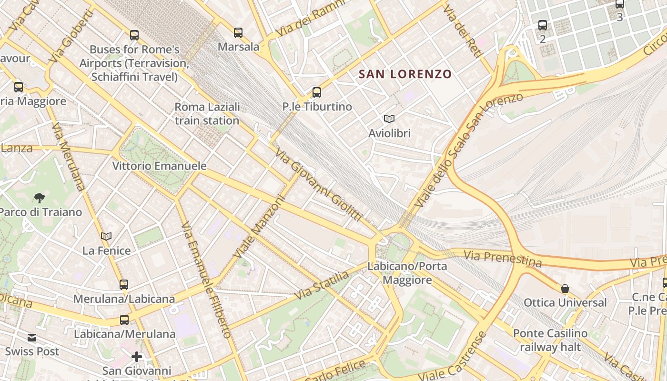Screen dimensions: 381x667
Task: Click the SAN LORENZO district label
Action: [405, 74]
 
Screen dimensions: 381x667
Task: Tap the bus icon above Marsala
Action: [238, 33]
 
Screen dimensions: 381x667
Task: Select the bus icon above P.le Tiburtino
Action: [317, 92]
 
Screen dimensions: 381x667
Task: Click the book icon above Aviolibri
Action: [389, 119]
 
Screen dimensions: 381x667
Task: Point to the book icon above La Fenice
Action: [106, 236]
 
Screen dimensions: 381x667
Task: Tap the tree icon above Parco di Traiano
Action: [40, 198]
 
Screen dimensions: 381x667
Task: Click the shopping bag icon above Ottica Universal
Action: [565, 289]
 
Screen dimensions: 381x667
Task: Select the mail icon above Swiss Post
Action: [32, 338]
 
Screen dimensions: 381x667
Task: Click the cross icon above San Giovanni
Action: [137, 356]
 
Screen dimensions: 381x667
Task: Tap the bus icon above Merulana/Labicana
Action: [124, 285]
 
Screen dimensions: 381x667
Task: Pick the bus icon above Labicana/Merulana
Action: [124, 320]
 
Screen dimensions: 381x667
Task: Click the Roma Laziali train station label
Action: [207, 114]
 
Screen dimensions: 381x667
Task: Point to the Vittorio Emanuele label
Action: [160, 166]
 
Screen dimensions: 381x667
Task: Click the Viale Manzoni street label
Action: [259, 228]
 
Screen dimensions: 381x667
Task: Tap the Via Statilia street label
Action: [322, 285]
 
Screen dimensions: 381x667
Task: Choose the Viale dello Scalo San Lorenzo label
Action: [469, 150]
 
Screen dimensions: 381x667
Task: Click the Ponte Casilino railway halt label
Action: [550, 340]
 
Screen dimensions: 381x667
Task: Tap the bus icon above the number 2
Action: [543, 25]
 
